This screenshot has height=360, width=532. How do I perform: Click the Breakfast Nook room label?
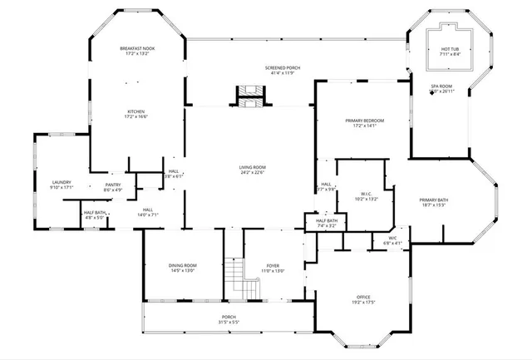tap(137, 48)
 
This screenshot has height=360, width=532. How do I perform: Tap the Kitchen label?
tap(136, 111)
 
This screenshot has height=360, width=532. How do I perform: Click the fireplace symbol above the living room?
tap(247, 96)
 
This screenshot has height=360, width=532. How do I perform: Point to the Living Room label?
tap(252, 167)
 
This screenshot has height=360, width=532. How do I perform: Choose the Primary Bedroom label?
tap(364, 121)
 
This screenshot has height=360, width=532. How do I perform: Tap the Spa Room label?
tap(440, 86)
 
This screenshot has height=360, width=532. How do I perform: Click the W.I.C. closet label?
tap(366, 194)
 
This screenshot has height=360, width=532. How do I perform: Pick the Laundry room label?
tap(62, 182)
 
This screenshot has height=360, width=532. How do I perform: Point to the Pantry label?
tap(112, 185)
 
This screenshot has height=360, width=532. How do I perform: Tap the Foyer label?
tap(273, 265)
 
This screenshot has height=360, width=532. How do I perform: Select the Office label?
tap(363, 297)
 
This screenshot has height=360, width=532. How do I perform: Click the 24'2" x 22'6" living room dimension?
tap(252, 173)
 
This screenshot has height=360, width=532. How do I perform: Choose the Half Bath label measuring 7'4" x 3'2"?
tap(327, 220)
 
